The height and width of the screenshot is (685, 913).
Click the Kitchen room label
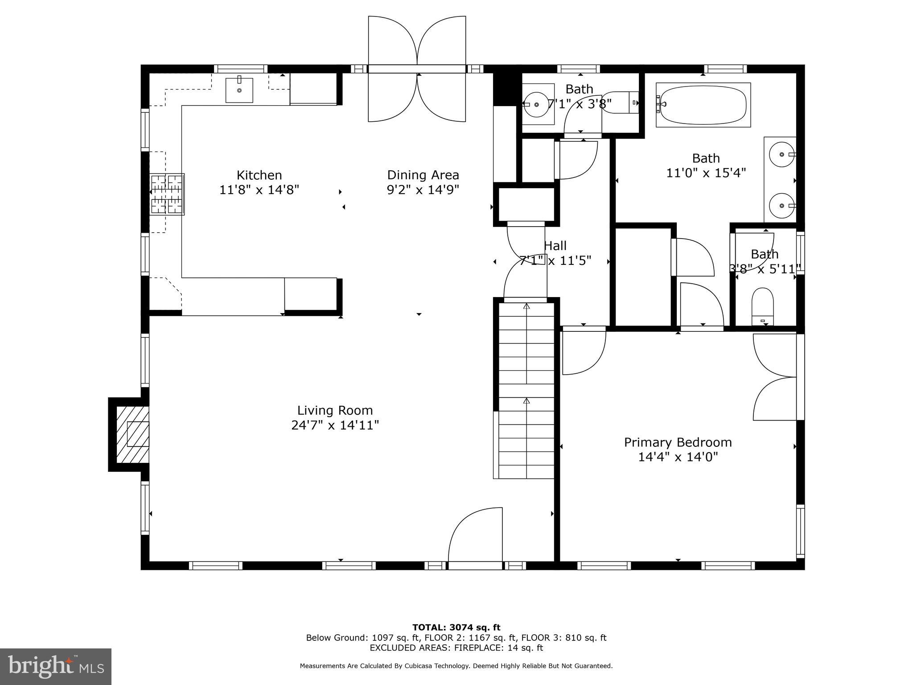[x=259, y=175]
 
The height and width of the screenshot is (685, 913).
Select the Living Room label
[x=335, y=410]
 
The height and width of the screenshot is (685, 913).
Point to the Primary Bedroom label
[x=678, y=442]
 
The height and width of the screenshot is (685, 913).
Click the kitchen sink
[x=239, y=90]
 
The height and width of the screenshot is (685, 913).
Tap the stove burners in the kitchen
[x=167, y=194]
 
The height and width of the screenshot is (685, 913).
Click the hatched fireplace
[x=132, y=434]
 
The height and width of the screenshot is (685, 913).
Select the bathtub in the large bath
[x=703, y=104]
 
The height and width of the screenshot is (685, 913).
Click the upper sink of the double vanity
[x=782, y=154]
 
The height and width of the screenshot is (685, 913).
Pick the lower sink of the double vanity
[x=782, y=206]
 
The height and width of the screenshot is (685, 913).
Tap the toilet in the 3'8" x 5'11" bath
[x=762, y=305]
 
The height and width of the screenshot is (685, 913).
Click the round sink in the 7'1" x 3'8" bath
[x=536, y=104]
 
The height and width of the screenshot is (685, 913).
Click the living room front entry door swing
[x=475, y=535]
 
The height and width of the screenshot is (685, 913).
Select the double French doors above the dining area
[x=417, y=69]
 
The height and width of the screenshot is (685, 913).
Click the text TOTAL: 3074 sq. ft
[x=456, y=627]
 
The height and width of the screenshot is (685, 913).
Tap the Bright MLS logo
[x=55, y=666]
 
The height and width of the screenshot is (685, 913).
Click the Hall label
[x=555, y=246]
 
